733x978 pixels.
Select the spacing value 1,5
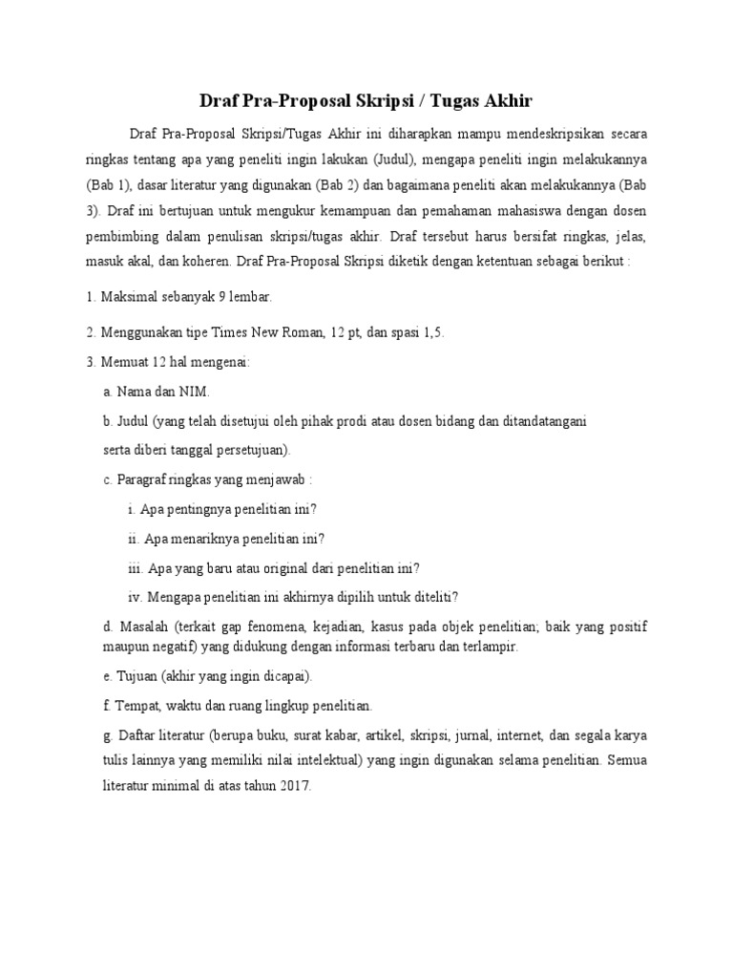tap(433, 332)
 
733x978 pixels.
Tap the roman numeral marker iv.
tap(134, 597)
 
